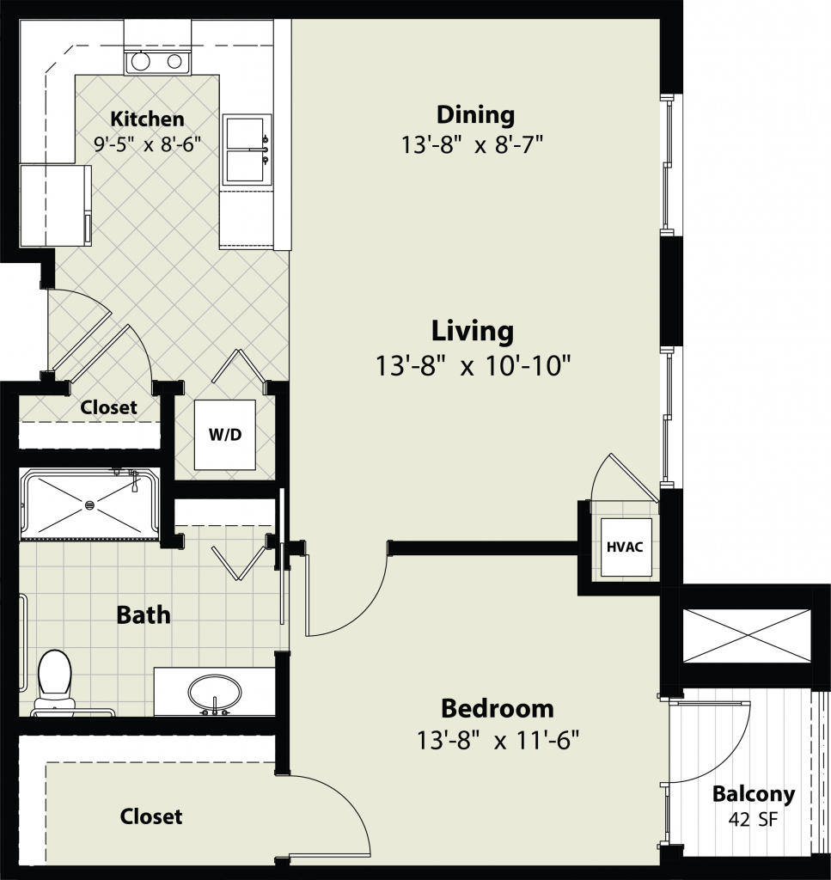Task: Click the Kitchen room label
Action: [147, 119]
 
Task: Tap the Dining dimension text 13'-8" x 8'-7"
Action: [472, 144]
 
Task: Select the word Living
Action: [472, 331]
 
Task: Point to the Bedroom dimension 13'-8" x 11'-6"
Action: [498, 740]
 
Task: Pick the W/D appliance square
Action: [225, 434]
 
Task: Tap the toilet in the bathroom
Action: [54, 681]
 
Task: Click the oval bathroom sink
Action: [214, 694]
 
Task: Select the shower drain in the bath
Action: [89, 504]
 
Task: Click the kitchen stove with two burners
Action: [157, 62]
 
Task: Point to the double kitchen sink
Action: [247, 150]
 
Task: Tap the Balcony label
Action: [754, 795]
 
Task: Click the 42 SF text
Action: [754, 819]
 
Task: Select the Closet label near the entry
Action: [108, 406]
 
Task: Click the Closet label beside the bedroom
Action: [151, 816]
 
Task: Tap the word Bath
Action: [143, 615]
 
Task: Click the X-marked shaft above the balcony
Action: [746, 636]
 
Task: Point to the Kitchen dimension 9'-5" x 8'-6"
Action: [147, 144]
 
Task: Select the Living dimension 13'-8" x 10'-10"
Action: [473, 366]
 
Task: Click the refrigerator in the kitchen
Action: [56, 205]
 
